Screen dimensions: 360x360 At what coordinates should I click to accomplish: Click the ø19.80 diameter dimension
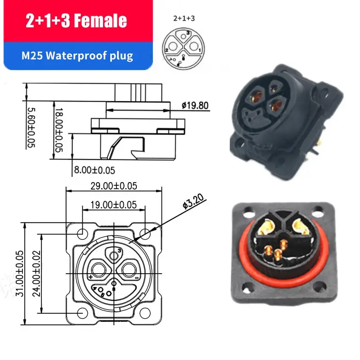pos(195,106)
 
